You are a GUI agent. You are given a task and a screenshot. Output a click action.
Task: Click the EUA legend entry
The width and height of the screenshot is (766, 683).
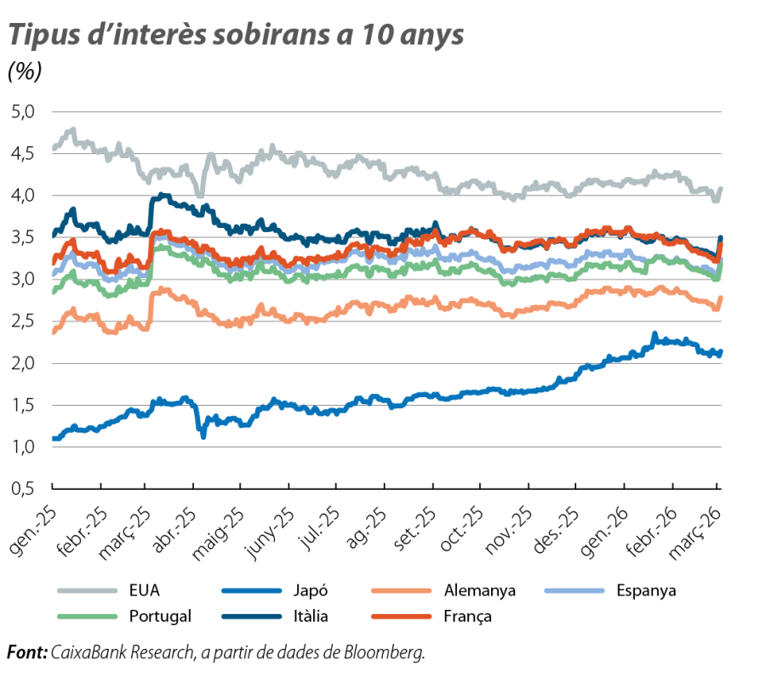click(x=146, y=589)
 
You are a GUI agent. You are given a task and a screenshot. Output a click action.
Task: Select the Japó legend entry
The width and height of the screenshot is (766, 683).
click(x=312, y=589)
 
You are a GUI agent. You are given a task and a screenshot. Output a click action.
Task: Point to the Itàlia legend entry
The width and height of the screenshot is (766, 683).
click(x=312, y=616)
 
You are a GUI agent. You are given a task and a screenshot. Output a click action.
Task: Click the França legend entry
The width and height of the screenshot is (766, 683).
click(x=468, y=616)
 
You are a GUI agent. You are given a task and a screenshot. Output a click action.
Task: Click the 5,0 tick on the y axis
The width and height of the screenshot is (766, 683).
click(x=24, y=111)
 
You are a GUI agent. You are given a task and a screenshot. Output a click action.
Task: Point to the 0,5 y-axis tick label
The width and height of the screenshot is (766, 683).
click(x=24, y=489)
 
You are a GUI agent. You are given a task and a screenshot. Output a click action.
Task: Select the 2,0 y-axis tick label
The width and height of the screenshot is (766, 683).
click(x=24, y=363)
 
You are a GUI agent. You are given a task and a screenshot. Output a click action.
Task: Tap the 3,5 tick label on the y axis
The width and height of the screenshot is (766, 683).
click(x=24, y=237)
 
